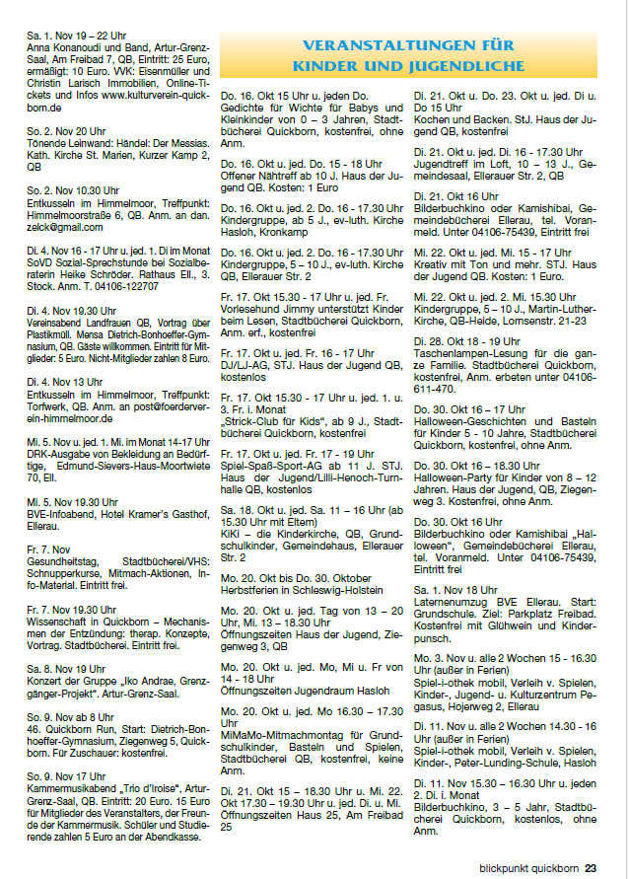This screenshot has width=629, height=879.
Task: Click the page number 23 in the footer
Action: [591, 868]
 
